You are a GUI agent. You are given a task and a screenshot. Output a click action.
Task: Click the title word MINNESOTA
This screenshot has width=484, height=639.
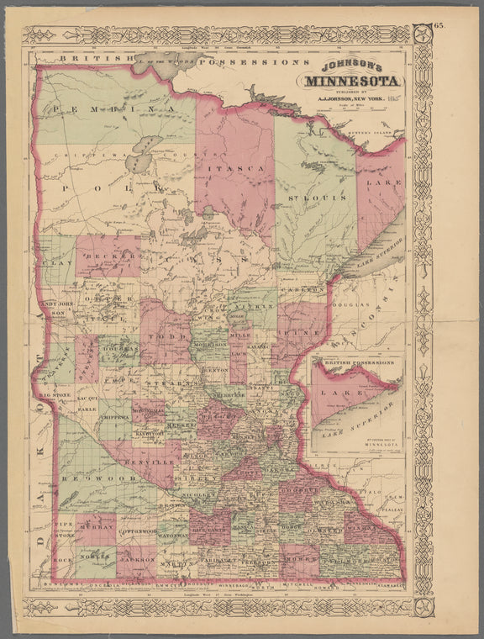pos(355,82)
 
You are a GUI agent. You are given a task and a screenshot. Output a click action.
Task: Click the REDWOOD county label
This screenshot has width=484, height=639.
pos(95,476)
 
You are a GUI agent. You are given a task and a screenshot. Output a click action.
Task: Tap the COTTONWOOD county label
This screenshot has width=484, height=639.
pos(137,532)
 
